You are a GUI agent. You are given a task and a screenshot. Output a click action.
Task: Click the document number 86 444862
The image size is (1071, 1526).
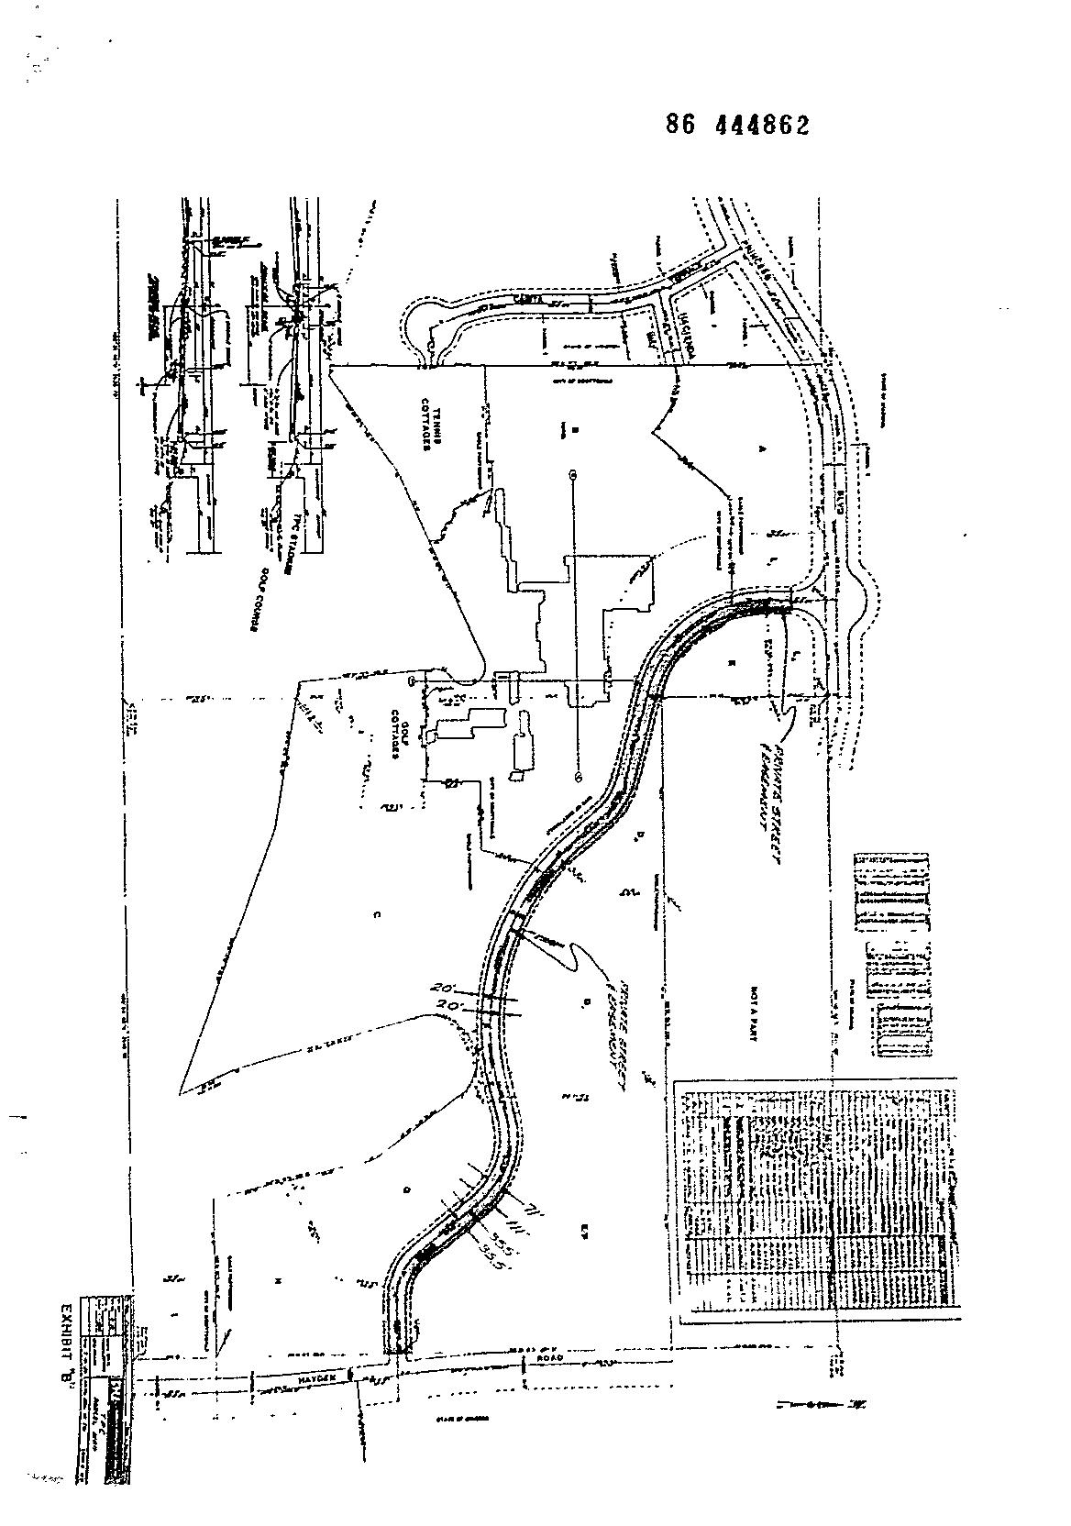click(x=738, y=127)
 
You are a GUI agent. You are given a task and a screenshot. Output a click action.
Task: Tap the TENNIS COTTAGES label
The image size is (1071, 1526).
click(x=432, y=427)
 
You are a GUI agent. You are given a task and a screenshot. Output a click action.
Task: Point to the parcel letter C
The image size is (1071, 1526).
click(x=377, y=914)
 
